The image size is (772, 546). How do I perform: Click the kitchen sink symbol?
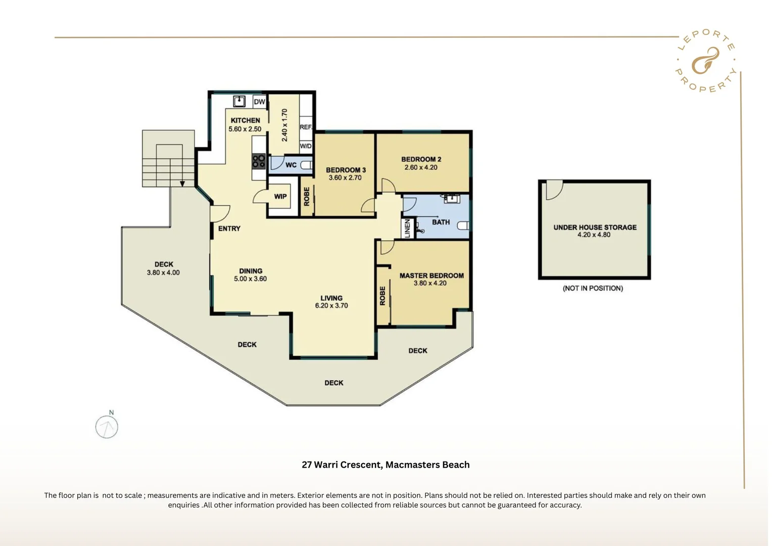pos(239,101)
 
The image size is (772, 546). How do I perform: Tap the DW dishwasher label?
pos(259,102)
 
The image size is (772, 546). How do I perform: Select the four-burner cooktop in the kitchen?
pos(259,161)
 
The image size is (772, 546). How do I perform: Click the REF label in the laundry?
pos(306,127)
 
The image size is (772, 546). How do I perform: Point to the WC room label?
pos(291,165)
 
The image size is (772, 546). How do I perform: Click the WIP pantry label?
pos(280,197)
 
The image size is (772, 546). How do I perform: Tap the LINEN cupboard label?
pos(408,229)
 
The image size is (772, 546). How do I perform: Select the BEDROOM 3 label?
pos(346,170)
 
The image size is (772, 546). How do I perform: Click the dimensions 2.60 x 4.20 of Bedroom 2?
pos(421,167)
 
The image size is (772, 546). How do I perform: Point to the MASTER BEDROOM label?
pos(431,276)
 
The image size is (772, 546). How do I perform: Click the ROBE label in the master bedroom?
pos(382,296)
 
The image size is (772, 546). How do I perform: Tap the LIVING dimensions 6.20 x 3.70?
pos(331,305)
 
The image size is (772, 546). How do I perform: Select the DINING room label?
pos(251,271)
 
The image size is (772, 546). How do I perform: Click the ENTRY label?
pos(229,229)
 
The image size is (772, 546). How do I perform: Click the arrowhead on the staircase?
pos(182,184)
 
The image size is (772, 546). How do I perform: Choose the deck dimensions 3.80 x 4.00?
pos(163,272)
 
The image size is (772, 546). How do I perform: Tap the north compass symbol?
pos(107,427)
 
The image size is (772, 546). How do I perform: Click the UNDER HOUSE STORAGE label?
pos(595,227)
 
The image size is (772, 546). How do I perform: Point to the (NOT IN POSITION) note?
pos(593,288)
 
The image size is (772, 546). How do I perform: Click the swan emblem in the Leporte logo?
pos(705,61)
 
